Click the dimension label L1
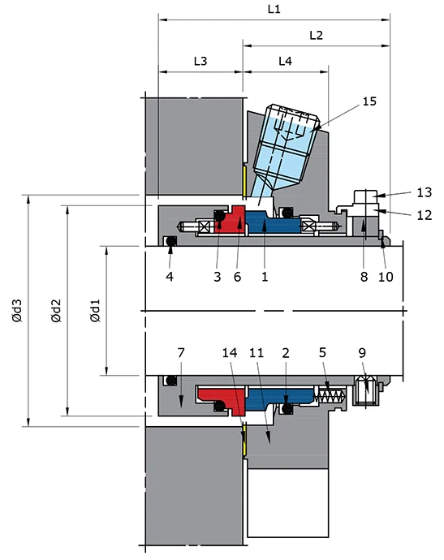point(274,10)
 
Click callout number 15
point(369,101)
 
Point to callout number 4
point(170,276)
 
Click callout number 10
point(386,276)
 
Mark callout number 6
point(238,276)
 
